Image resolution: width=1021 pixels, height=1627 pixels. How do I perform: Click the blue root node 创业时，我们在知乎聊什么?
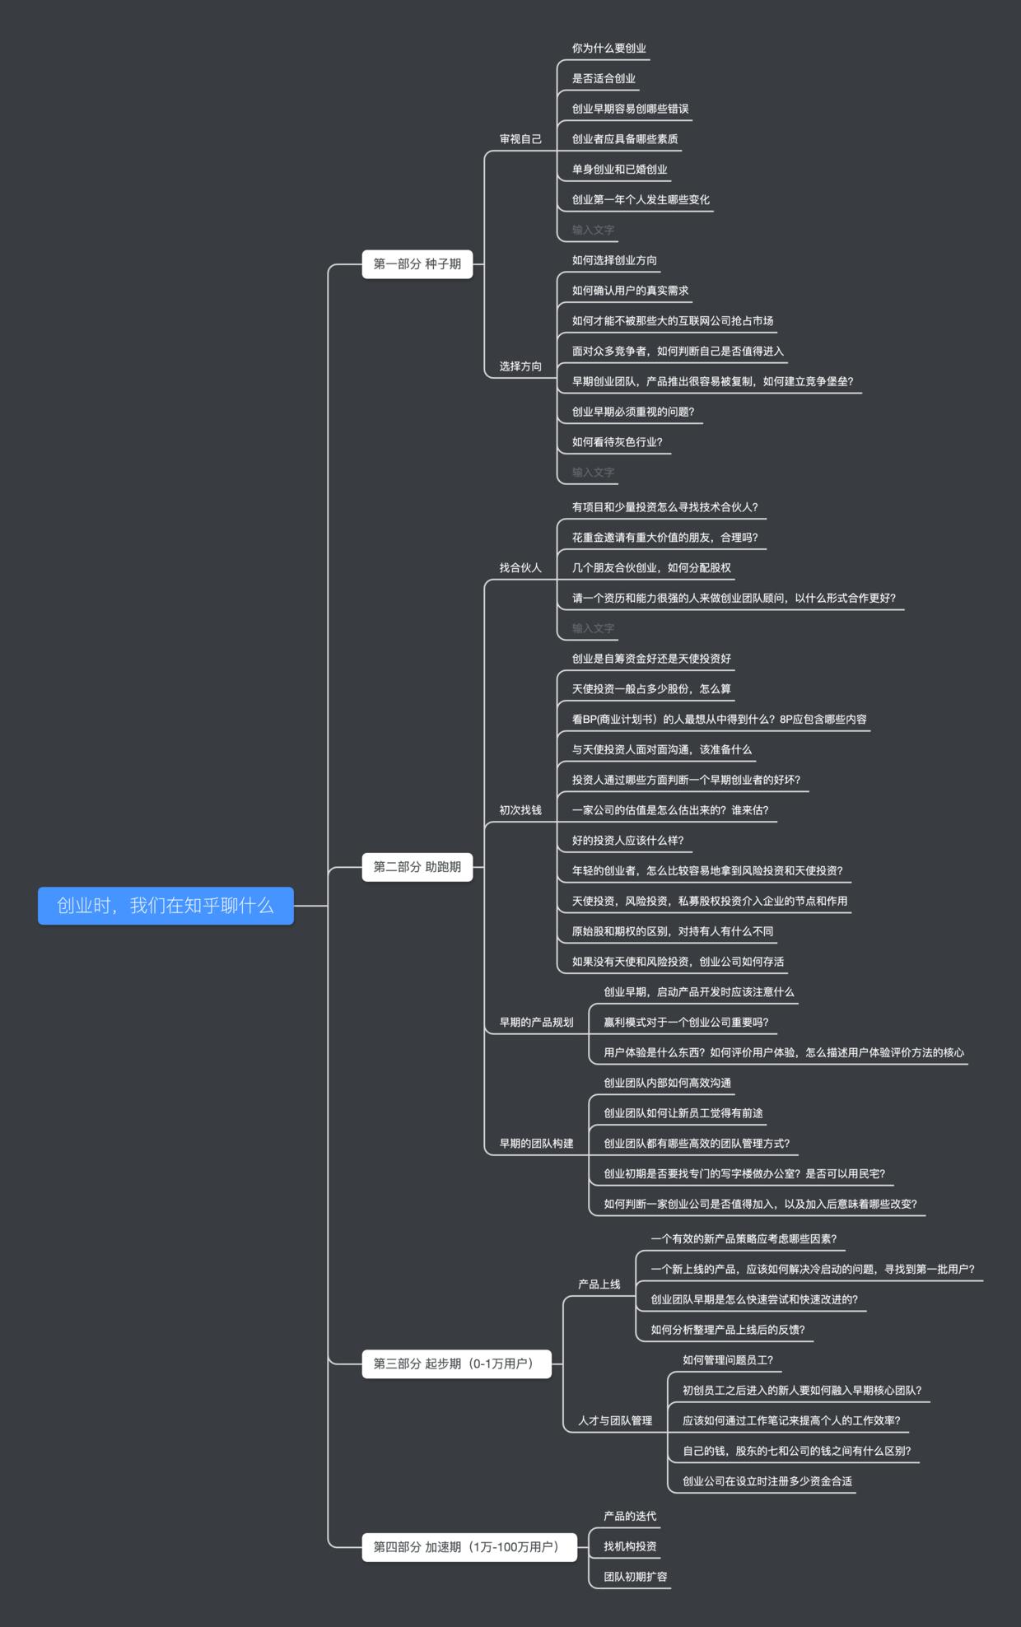click(x=166, y=906)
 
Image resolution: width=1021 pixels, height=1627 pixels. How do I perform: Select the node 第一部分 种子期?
click(x=417, y=264)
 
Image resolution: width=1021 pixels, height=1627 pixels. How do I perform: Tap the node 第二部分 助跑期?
click(x=417, y=867)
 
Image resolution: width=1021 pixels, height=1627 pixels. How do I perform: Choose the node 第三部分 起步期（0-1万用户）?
click(x=456, y=1364)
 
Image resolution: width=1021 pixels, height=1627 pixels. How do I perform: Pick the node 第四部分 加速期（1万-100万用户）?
click(x=469, y=1547)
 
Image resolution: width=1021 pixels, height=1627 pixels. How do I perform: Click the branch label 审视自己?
click(x=520, y=139)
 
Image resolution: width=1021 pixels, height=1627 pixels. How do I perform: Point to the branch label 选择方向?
click(x=520, y=366)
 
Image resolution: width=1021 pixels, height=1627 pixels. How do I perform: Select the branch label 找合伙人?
click(x=520, y=568)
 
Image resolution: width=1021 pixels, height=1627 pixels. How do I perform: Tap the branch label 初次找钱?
click(x=520, y=810)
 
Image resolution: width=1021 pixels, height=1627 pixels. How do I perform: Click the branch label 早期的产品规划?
click(x=536, y=1023)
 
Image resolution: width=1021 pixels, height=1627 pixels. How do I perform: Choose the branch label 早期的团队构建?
click(x=536, y=1144)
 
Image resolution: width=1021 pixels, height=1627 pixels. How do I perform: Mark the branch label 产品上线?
click(x=599, y=1284)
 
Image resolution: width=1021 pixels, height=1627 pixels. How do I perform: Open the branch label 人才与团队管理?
click(x=615, y=1420)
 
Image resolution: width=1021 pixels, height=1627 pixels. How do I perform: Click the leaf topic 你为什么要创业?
click(x=609, y=49)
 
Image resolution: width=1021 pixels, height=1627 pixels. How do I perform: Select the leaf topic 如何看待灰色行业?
click(x=618, y=442)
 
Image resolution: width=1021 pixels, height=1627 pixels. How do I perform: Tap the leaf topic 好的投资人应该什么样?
click(x=628, y=841)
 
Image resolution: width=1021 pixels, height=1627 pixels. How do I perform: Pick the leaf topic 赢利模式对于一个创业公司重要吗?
click(x=686, y=1023)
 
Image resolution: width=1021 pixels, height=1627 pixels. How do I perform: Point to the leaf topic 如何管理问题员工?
click(x=728, y=1360)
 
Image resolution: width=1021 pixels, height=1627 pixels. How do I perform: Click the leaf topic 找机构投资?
click(x=630, y=1547)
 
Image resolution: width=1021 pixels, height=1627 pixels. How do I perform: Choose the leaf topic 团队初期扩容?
click(x=636, y=1577)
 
